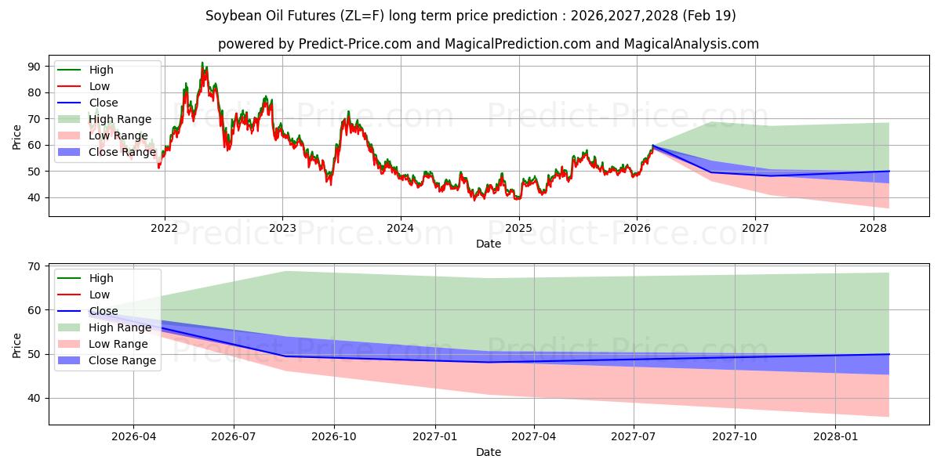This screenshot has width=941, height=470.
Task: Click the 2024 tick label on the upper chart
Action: [401, 228]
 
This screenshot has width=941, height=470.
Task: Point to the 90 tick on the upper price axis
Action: [34, 67]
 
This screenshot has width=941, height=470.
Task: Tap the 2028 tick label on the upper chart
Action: [874, 228]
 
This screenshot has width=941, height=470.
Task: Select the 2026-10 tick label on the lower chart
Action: [334, 437]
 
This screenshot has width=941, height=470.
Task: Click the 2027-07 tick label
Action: [633, 437]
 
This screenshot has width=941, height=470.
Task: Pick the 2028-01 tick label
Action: [835, 437]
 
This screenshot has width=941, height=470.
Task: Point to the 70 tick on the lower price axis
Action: [34, 266]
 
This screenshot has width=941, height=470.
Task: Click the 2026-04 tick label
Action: [133, 437]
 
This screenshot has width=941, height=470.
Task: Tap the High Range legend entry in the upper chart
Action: [104, 119]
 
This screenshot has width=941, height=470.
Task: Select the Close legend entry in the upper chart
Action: [87, 103]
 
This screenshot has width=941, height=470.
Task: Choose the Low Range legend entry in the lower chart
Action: [103, 344]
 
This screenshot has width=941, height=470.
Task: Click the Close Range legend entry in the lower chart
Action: [107, 360]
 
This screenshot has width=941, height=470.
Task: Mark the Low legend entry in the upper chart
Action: [83, 86]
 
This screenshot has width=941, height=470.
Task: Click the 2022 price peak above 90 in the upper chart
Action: [202, 63]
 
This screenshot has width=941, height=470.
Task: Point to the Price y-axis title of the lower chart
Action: [16, 345]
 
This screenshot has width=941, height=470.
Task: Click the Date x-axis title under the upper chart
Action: [488, 244]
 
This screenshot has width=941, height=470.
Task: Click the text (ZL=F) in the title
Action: [362, 16]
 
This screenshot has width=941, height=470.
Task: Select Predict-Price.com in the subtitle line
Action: [355, 44]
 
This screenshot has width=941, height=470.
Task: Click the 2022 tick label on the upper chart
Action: [164, 228]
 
